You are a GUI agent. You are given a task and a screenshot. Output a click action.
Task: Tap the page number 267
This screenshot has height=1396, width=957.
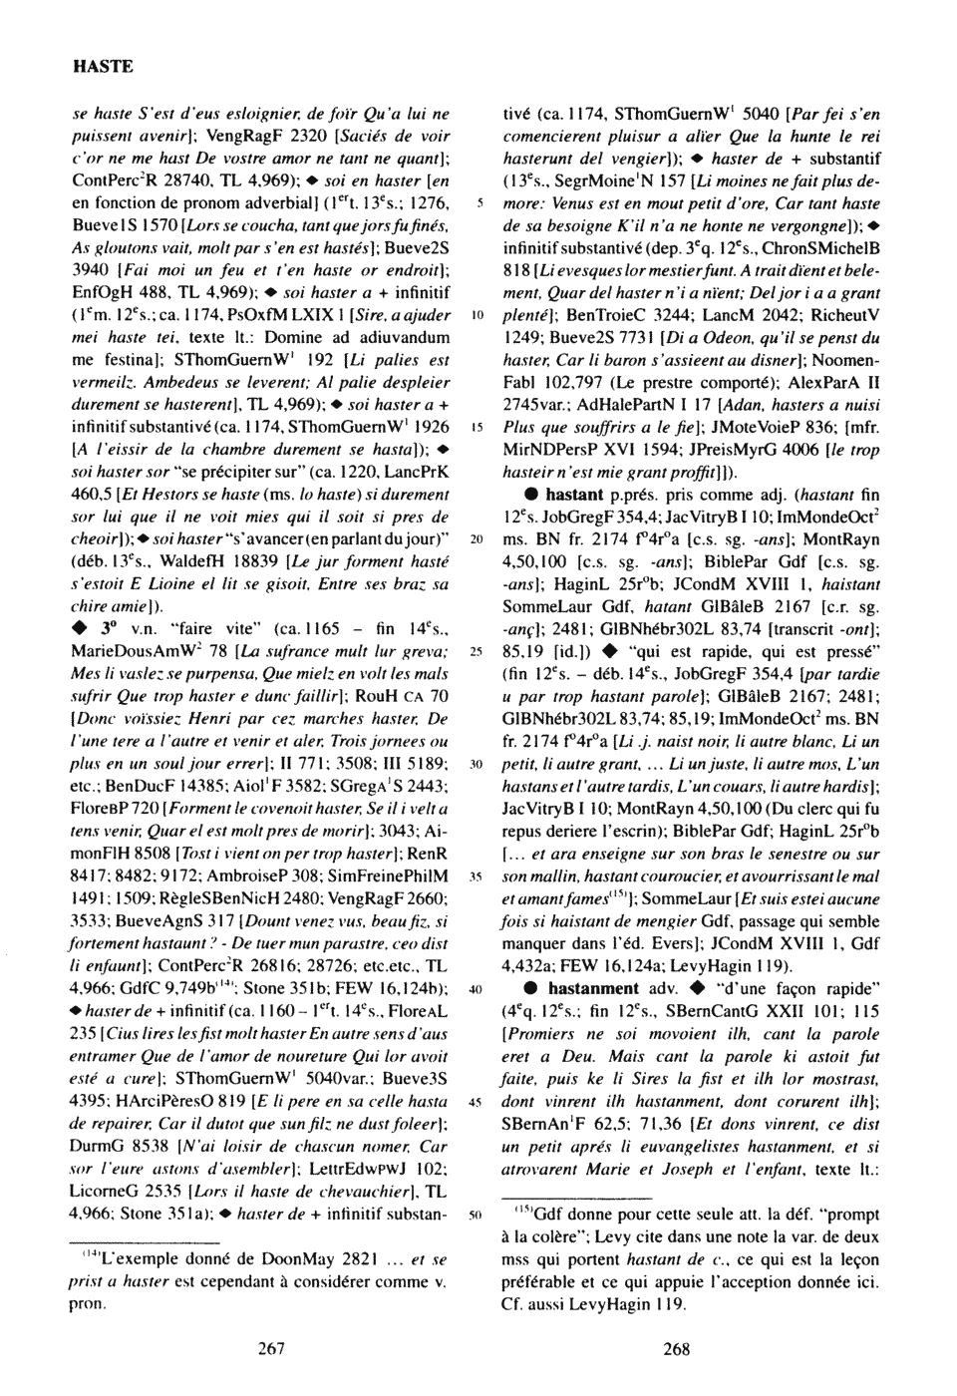click(x=271, y=1348)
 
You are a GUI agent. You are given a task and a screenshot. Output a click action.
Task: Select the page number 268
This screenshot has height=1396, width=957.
click(x=676, y=1348)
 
